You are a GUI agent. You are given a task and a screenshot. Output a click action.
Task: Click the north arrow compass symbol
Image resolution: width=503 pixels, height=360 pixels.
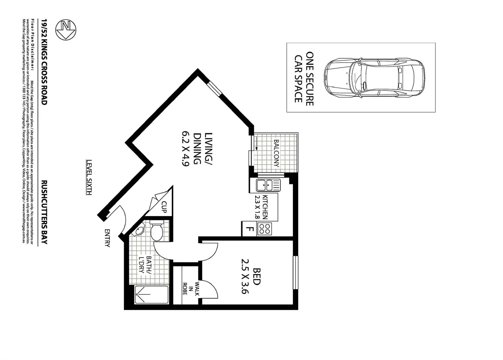[x=66, y=30]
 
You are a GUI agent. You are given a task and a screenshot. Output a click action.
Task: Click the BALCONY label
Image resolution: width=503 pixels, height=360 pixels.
[x=276, y=153]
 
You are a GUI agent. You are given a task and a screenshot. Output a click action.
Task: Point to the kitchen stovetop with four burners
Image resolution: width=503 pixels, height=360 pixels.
[x=264, y=229]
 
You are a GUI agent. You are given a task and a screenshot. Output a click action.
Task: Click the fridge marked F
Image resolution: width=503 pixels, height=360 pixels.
[x=249, y=229]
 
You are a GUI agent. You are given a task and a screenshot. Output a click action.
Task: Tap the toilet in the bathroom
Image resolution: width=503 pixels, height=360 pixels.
[x=156, y=231]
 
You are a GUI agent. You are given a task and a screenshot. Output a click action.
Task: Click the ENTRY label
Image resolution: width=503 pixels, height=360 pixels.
[x=107, y=238]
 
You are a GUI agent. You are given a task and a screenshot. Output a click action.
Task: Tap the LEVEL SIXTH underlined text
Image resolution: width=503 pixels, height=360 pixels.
[x=89, y=177]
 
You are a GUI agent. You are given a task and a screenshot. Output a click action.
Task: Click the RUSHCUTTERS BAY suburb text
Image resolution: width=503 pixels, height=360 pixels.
[x=44, y=212]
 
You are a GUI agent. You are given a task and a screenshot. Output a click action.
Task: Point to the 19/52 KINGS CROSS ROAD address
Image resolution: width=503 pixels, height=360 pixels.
[x=44, y=62]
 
